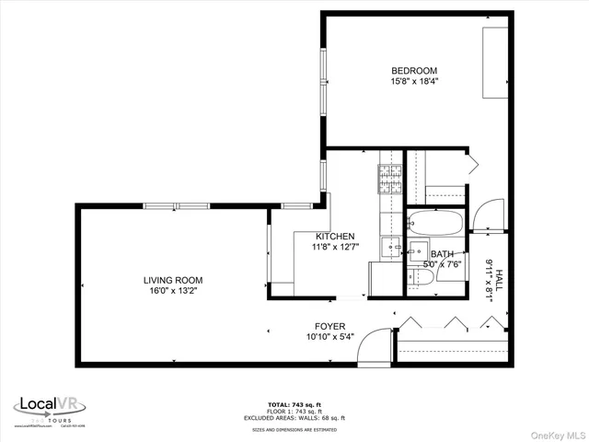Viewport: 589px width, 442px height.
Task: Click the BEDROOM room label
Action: click(x=413, y=71)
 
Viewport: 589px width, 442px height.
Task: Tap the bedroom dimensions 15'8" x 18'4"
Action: click(x=413, y=82)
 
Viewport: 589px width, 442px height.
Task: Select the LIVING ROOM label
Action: click(x=172, y=280)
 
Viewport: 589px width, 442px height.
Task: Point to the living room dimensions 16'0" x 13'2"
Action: click(x=172, y=291)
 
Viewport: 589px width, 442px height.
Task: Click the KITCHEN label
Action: click(x=335, y=237)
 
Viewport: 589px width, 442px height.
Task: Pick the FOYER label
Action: click(x=329, y=325)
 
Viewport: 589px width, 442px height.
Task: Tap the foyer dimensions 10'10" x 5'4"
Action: click(x=329, y=336)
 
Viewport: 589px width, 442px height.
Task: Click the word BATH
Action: click(x=442, y=254)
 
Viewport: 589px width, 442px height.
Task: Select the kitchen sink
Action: click(x=391, y=247)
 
